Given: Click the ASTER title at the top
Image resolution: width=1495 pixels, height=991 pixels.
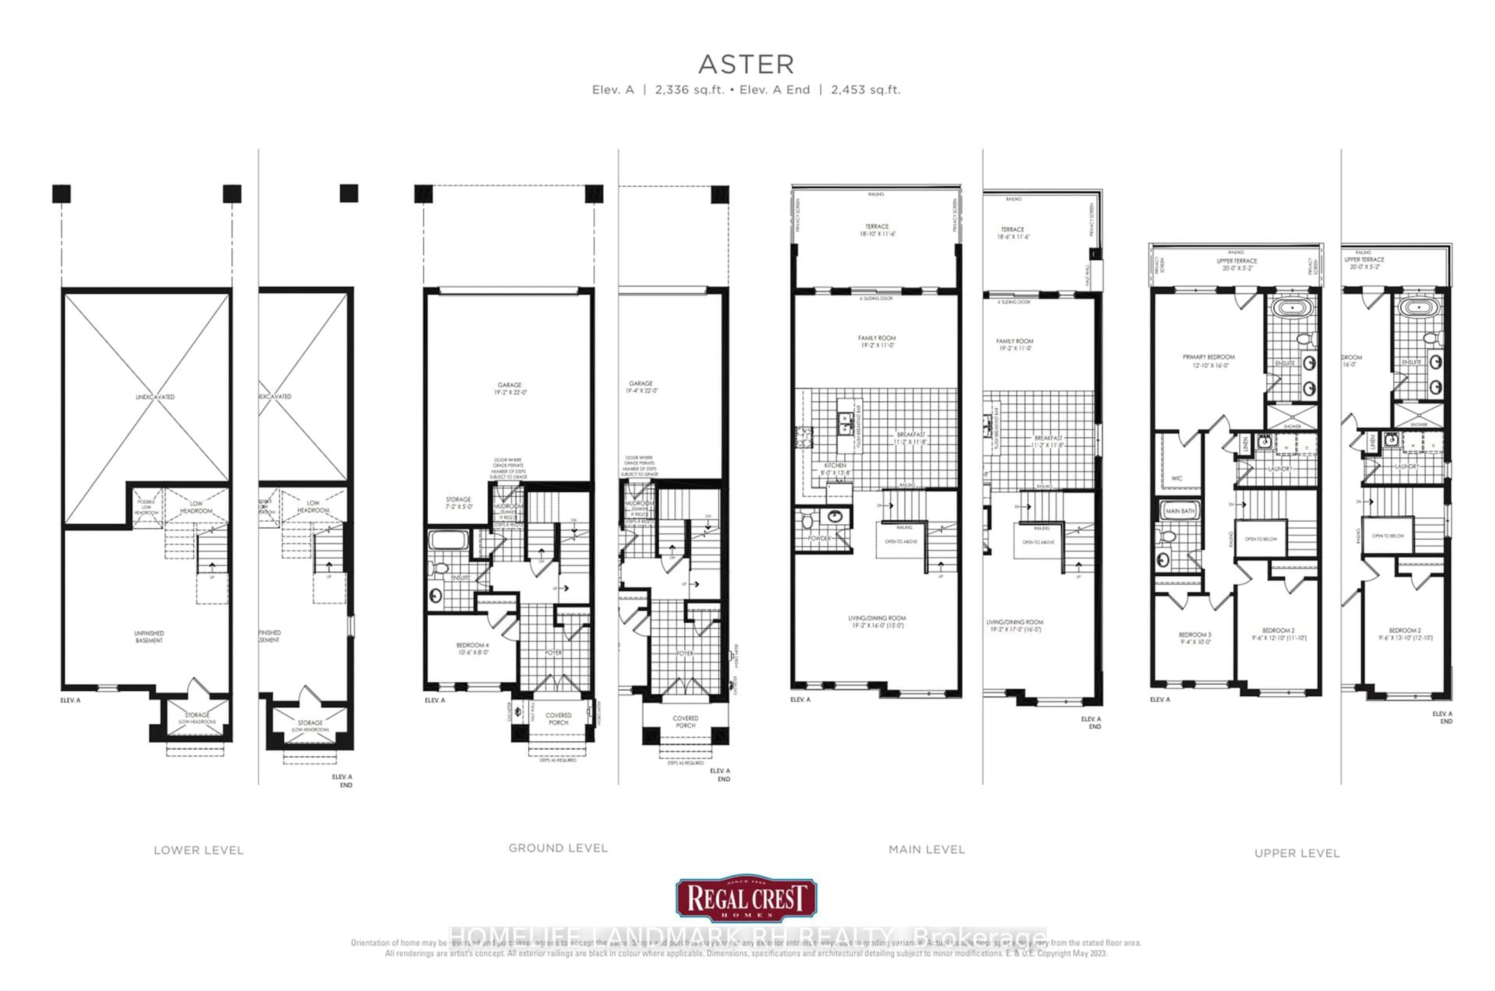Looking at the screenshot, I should tap(746, 64).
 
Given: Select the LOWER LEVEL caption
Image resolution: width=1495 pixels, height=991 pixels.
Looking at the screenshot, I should tap(199, 850).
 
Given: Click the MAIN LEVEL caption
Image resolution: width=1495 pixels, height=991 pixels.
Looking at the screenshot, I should tap(927, 849).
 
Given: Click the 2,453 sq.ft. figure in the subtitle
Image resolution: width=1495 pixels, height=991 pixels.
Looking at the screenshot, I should tap(865, 90).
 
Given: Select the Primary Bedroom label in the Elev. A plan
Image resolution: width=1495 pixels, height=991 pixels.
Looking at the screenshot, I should tap(1208, 360).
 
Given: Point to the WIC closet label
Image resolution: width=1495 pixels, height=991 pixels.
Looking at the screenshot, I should tap(1177, 478).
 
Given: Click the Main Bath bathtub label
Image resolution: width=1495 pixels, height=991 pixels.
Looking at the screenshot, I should tap(1180, 511).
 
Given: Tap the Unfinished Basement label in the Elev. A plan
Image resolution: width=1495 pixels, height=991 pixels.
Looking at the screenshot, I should tap(149, 636).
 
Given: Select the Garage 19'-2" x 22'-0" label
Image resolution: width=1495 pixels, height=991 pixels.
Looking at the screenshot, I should tap(510, 388).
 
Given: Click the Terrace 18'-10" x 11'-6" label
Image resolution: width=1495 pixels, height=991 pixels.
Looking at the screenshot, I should tap(877, 229).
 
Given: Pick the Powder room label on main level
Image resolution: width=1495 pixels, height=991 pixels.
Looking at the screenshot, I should tap(819, 538).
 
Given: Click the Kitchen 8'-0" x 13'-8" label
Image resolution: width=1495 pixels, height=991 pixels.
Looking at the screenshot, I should tap(835, 468).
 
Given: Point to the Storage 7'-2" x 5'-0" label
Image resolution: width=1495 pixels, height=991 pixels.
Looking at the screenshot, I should tap(458, 503).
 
